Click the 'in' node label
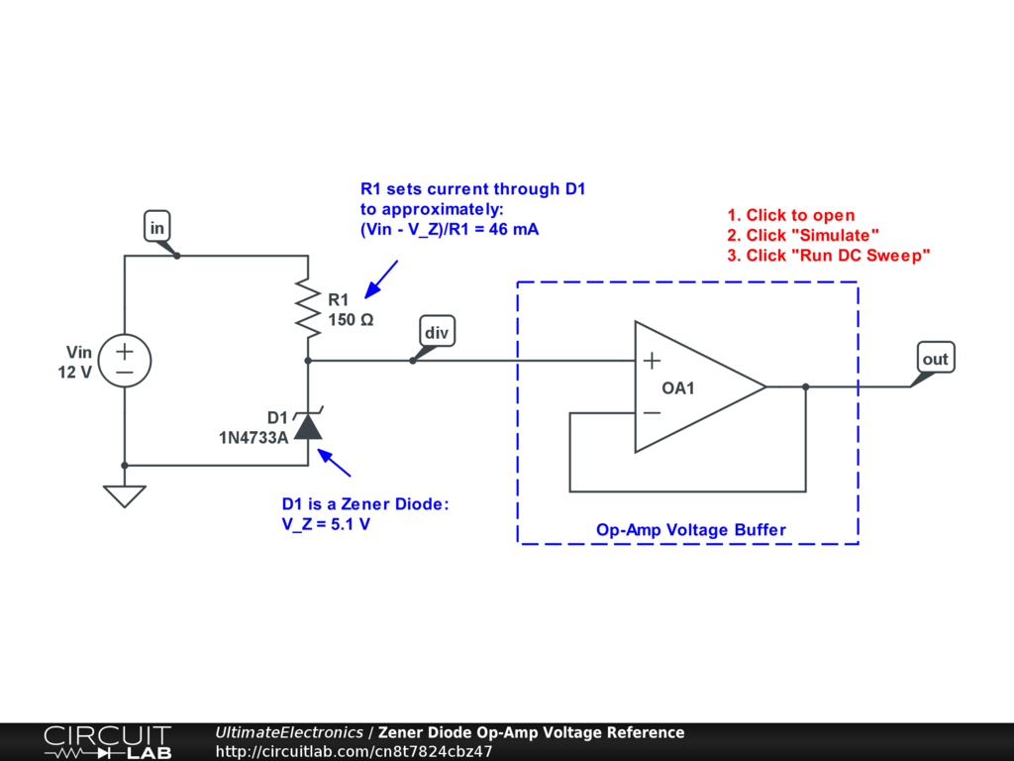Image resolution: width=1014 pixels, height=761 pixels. click(x=156, y=227)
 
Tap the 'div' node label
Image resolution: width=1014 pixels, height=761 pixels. click(x=437, y=332)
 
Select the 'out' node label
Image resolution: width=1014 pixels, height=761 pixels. click(x=935, y=359)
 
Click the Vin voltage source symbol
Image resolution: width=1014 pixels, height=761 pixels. click(x=125, y=361)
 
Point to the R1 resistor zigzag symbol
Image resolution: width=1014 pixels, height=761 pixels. click(x=309, y=306)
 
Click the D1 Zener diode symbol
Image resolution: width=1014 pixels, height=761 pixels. click(x=309, y=425)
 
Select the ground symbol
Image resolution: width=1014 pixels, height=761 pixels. click(x=125, y=495)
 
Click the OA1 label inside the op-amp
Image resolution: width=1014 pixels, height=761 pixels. click(x=678, y=388)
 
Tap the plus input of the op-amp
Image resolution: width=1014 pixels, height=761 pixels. click(x=652, y=361)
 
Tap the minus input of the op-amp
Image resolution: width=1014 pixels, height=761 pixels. click(x=652, y=412)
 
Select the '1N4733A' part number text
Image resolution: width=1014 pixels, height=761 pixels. click(x=253, y=435)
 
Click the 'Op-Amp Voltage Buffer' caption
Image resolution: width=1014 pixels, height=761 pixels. click(x=690, y=530)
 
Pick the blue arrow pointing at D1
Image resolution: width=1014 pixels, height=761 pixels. click(x=336, y=463)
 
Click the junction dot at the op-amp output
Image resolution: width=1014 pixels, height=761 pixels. click(x=805, y=386)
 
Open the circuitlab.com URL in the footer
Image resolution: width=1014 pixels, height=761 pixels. click(x=354, y=751)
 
